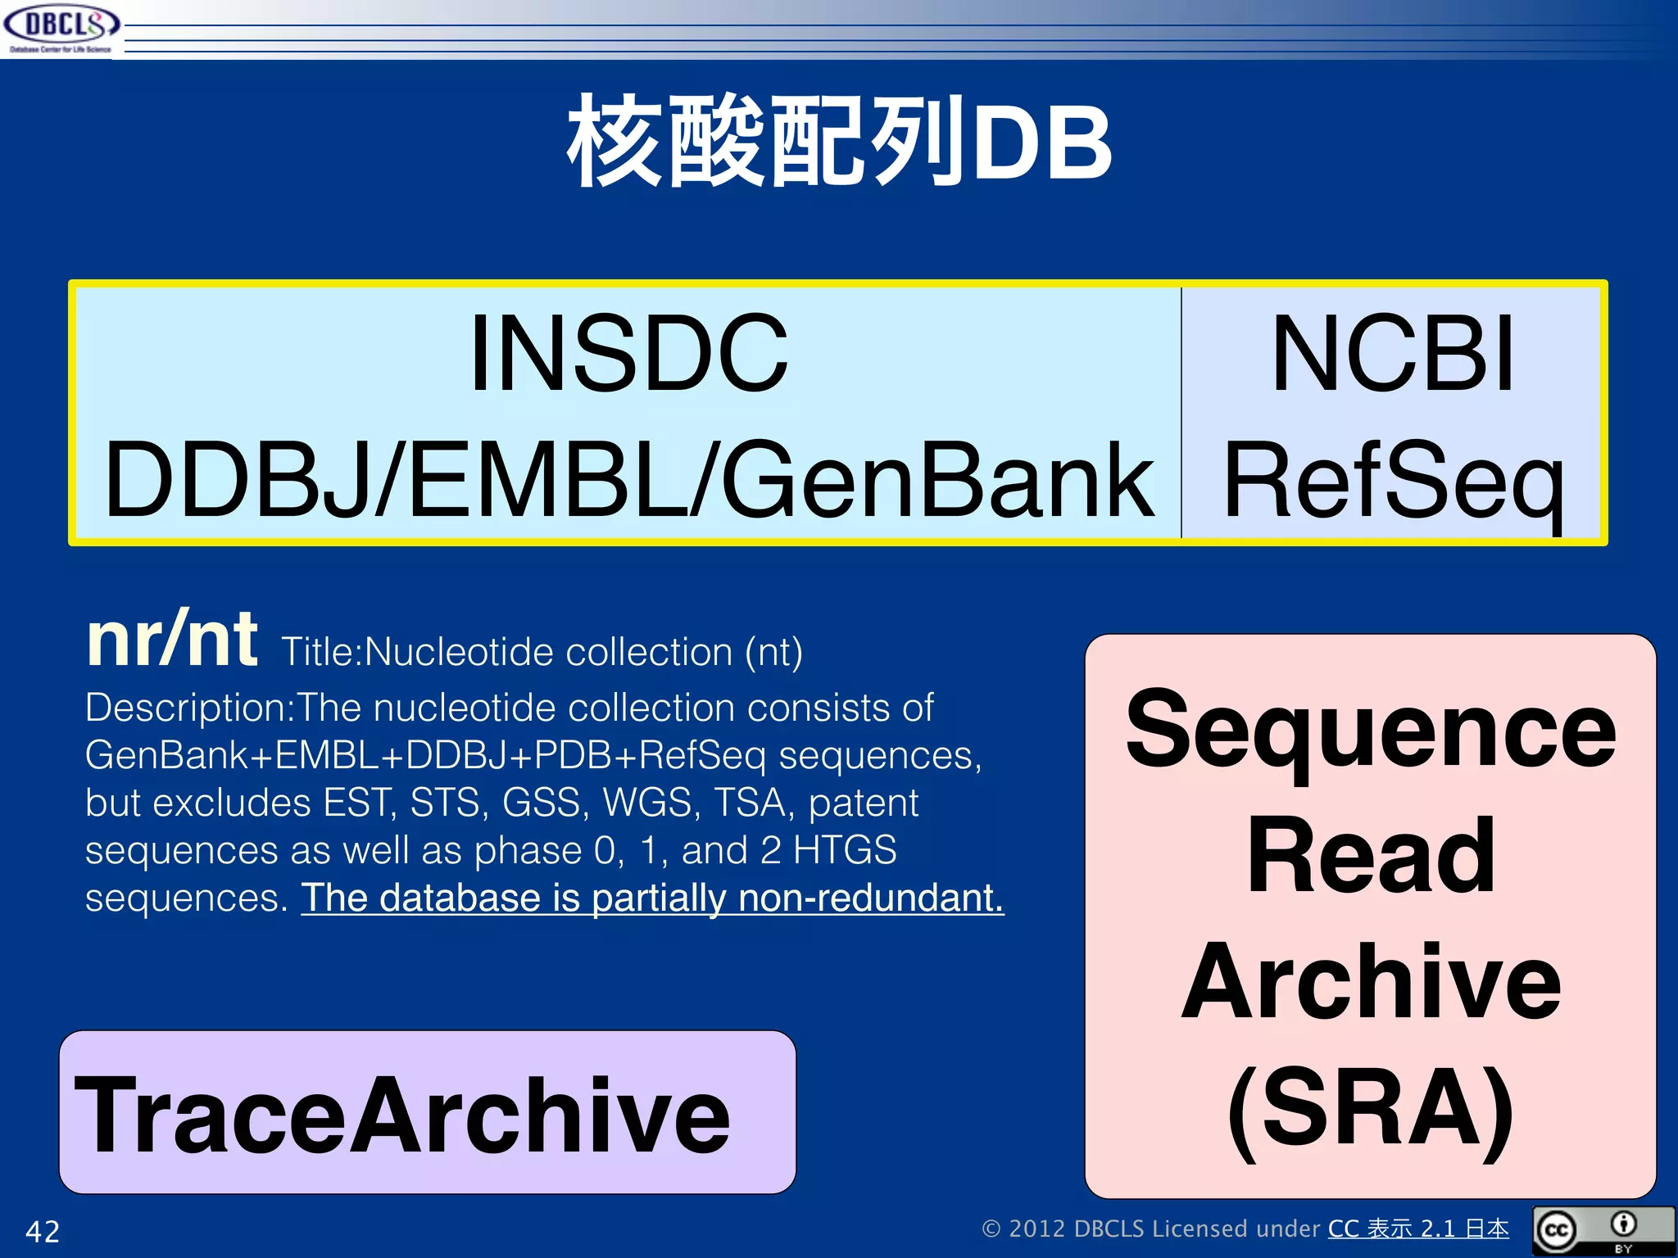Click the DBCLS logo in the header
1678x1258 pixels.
click(61, 28)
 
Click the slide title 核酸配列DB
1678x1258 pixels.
click(839, 142)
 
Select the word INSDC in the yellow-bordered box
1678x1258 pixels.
click(628, 354)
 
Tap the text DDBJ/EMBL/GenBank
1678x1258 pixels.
click(628, 481)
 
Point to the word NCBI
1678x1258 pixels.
click(1392, 354)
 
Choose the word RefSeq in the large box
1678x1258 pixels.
click(1392, 481)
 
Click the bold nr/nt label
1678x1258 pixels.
click(172, 640)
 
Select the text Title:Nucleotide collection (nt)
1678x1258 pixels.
click(542, 653)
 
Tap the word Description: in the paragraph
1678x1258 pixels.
click(189, 708)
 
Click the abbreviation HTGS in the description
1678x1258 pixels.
click(845, 850)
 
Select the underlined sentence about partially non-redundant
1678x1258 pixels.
click(652, 898)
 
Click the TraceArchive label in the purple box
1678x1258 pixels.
click(401, 1115)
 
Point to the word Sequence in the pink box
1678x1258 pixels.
click(1371, 728)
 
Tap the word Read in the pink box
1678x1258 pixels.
click(1371, 856)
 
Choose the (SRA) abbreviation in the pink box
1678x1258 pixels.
click(1371, 1108)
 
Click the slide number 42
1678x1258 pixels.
click(43, 1231)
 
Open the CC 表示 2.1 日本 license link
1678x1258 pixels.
click(1418, 1229)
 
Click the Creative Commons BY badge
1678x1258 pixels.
click(1603, 1230)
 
